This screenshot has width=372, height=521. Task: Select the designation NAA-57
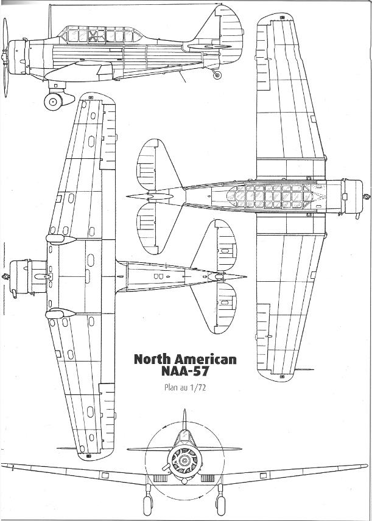coord(185,371)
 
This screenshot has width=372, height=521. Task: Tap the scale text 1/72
coord(198,388)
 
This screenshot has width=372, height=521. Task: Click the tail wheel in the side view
coord(217,75)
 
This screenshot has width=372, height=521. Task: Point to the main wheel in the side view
coord(53,102)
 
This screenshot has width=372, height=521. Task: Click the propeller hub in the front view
coord(184,460)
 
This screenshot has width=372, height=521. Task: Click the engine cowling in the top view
coord(353,197)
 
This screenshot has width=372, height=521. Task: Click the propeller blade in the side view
coord(5,57)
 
